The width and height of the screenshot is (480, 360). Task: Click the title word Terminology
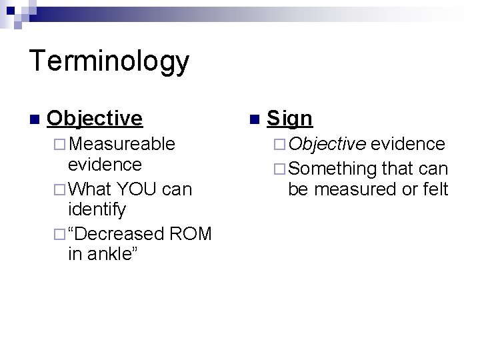click(x=110, y=62)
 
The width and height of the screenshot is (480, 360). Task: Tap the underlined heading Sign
click(x=289, y=118)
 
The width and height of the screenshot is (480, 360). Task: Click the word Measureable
click(x=122, y=143)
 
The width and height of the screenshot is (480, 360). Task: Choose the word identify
click(x=97, y=211)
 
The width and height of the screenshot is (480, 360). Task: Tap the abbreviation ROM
click(x=191, y=233)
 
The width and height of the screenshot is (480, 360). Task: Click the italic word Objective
click(x=327, y=143)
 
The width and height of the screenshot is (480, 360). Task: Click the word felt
click(x=435, y=189)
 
